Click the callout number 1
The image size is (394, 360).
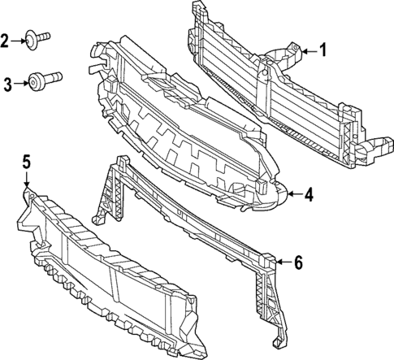click(322, 51)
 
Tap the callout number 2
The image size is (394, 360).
click(6, 39)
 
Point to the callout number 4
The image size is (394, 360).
click(310, 194)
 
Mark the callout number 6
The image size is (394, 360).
click(298, 262)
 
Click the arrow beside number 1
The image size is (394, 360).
click(306, 51)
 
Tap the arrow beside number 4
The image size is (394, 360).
click(293, 194)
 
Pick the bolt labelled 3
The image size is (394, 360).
click(41, 80)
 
